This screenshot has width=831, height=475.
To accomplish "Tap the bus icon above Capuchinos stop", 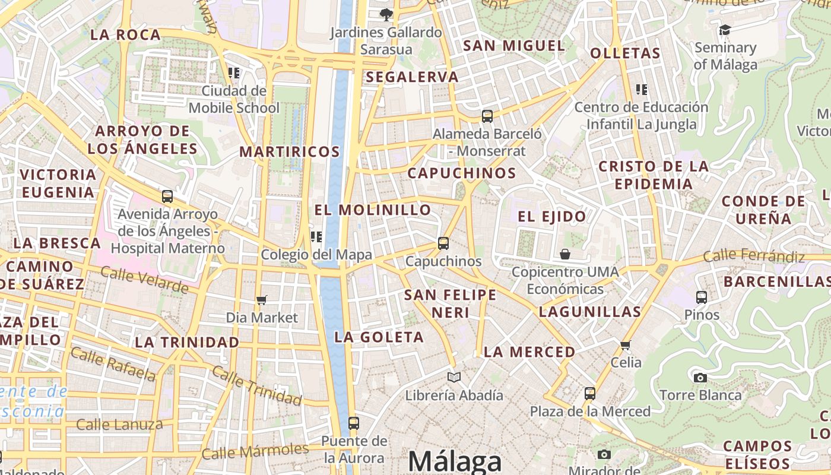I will click(443, 243).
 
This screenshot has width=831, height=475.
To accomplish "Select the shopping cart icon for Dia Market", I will click(262, 300).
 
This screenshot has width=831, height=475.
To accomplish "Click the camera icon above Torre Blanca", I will click(700, 377).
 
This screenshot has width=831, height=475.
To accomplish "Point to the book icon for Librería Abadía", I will click(454, 377).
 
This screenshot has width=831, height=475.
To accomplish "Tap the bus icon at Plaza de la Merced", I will click(589, 393).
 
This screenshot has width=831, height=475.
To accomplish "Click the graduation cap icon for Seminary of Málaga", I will click(725, 30).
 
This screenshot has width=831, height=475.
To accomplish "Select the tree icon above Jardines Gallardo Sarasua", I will click(386, 14).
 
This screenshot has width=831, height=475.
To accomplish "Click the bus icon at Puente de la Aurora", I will click(354, 423).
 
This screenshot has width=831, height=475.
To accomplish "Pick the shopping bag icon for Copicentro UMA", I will click(565, 254).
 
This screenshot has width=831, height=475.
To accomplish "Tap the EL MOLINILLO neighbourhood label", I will click(373, 210).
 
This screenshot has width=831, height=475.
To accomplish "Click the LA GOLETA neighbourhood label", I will click(379, 337).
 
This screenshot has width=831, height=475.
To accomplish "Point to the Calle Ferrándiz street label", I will click(754, 256).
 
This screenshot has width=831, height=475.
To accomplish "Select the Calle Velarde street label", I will click(144, 280).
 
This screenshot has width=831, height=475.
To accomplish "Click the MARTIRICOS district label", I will click(290, 151).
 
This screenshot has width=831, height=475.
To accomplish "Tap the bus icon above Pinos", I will click(701, 297).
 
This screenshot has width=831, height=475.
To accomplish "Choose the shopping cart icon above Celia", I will click(625, 345).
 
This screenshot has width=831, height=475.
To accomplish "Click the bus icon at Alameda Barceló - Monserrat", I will click(487, 116).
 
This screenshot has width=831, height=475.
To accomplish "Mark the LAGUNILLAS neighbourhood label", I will click(590, 312).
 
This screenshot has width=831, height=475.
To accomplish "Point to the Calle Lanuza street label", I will click(119, 424).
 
